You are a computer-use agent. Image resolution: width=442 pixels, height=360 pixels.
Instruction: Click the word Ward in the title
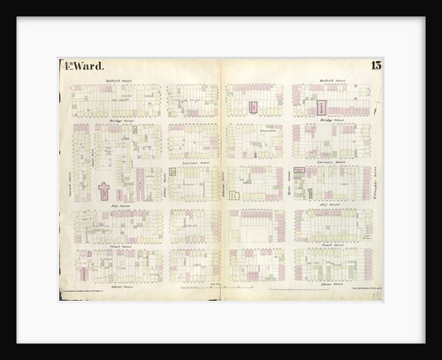pos(90,66)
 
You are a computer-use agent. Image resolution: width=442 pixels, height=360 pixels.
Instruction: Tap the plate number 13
pos(376,65)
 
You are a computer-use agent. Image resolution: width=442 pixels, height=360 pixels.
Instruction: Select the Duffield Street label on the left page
pos(118,80)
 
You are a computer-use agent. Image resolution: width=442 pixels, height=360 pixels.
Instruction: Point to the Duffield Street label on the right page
pos(324,80)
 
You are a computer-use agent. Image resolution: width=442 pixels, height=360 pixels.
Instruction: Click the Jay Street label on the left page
pos(118,205)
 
